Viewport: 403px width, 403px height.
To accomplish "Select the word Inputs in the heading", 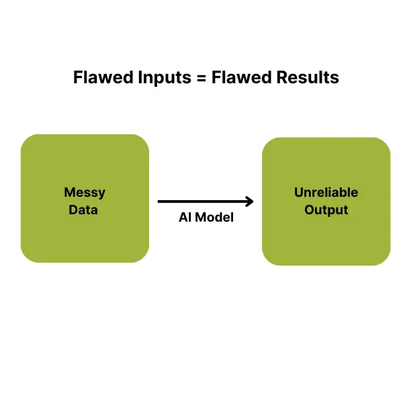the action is click(165, 79).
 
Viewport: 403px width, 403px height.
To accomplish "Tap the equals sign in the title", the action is click(201, 78).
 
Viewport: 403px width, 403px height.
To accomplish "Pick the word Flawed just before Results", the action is click(241, 77).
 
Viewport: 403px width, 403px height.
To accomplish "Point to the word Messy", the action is click(85, 193).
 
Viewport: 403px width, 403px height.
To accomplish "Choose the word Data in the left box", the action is click(83, 210).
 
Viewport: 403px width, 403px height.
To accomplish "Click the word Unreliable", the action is click(326, 193).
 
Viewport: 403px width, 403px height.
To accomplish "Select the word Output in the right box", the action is click(326, 210).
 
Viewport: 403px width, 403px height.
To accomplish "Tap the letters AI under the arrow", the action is click(185, 218).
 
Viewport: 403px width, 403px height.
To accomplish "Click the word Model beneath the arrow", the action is click(214, 218).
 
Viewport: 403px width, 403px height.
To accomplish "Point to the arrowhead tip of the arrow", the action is click(253, 201).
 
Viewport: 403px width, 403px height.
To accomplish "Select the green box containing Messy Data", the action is click(85, 198).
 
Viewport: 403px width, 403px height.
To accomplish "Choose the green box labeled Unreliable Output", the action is click(326, 201).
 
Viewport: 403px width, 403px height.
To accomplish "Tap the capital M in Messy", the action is click(70, 192).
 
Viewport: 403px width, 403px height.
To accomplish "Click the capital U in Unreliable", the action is click(299, 193).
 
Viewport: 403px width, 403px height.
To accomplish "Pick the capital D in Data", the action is click(73, 210).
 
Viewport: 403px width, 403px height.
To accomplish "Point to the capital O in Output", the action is click(310, 210).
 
